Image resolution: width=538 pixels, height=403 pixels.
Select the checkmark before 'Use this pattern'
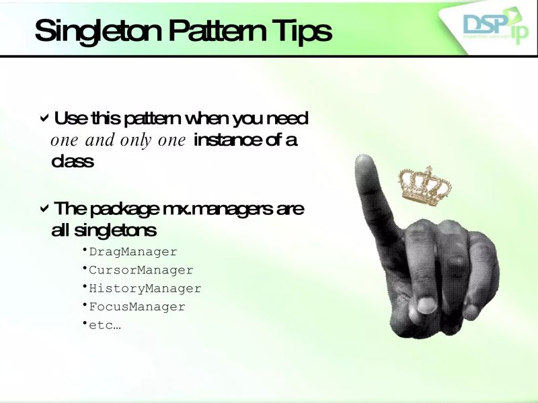point(44,119)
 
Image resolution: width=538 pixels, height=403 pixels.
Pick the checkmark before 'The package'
point(44,208)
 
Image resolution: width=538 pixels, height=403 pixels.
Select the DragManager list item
point(132,252)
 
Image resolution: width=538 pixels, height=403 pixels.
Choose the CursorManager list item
point(141,270)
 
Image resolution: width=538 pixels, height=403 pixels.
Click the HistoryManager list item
point(145,289)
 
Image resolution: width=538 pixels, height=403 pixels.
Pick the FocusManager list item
point(137,307)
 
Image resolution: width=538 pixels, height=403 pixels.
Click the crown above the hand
point(424,183)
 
